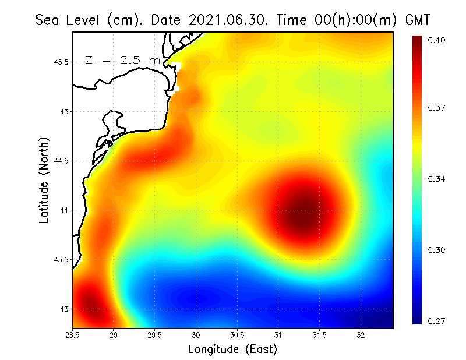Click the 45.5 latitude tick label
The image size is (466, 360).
point(60,62)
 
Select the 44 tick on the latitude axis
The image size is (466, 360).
point(64,210)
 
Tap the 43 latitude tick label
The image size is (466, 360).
point(64,309)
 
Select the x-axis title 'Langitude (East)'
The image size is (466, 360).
point(232,350)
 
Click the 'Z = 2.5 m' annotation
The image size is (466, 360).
point(122,60)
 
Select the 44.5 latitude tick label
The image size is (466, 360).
point(60,161)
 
